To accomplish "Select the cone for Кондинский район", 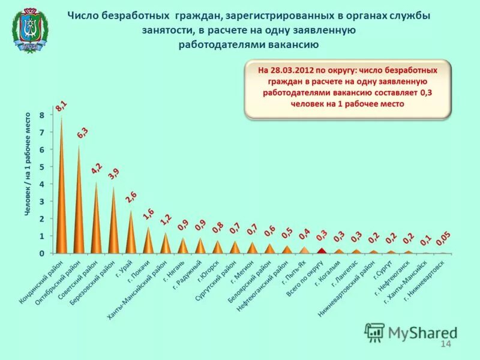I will point(61,198).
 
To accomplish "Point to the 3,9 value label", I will point(113,175).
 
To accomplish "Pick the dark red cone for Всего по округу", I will point(322,251).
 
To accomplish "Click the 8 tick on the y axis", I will point(42,115).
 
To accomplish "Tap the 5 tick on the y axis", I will point(42,167).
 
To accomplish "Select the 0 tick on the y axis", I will point(42,254).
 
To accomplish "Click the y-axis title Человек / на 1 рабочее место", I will point(28,163).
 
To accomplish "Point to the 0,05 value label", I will point(443,239).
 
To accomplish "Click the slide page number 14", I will point(445,343).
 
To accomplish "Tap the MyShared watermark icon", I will point(375,332).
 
